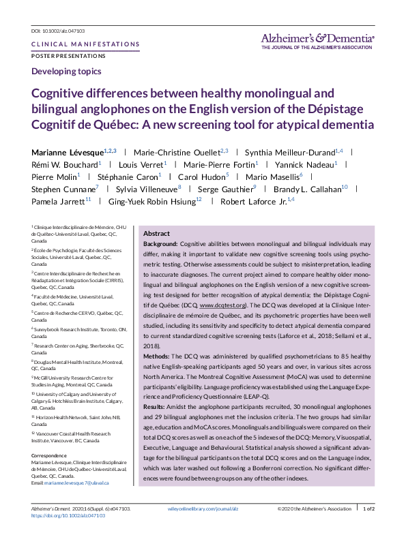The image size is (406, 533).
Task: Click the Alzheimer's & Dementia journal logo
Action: (x=317, y=40)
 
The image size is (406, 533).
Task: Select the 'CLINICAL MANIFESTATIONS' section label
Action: (x=85, y=44)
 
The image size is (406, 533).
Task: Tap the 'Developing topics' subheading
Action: (x=66, y=71)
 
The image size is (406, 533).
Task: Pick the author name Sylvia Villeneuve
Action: (x=147, y=189)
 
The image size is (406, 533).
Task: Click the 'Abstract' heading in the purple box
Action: (x=156, y=232)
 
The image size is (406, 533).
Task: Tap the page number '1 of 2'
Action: (x=368, y=509)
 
